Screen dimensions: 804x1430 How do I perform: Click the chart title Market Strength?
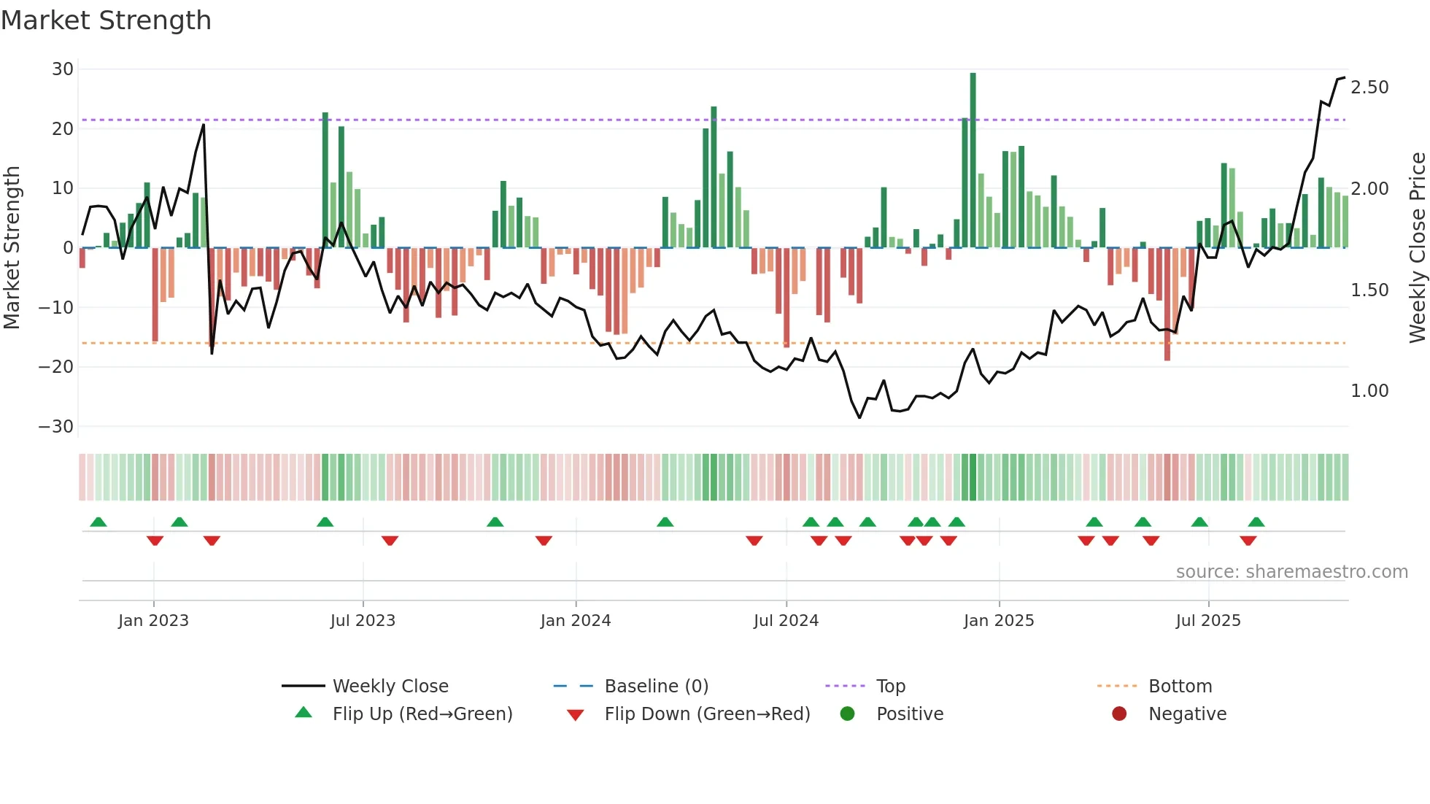[x=106, y=20]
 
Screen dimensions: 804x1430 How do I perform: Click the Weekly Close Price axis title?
[x=1417, y=247]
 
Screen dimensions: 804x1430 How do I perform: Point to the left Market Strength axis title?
[x=12, y=247]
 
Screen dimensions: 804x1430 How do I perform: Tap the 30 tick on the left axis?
[x=63, y=69]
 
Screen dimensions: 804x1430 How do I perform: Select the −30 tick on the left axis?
[x=57, y=427]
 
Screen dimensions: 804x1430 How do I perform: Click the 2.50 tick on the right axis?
[x=1369, y=88]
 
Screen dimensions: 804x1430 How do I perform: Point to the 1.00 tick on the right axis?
[x=1369, y=391]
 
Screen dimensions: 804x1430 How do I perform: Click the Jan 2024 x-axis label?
[x=576, y=621]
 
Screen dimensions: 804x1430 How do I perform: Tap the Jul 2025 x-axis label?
[x=1208, y=621]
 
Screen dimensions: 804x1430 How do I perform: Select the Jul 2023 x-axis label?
[x=363, y=621]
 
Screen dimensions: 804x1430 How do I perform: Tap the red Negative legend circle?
[x=1119, y=714]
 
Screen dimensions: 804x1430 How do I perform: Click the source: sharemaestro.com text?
[x=1291, y=572]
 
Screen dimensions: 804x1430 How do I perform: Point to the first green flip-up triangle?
[x=98, y=522]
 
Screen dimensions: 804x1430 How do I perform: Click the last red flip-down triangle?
[x=1248, y=541]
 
